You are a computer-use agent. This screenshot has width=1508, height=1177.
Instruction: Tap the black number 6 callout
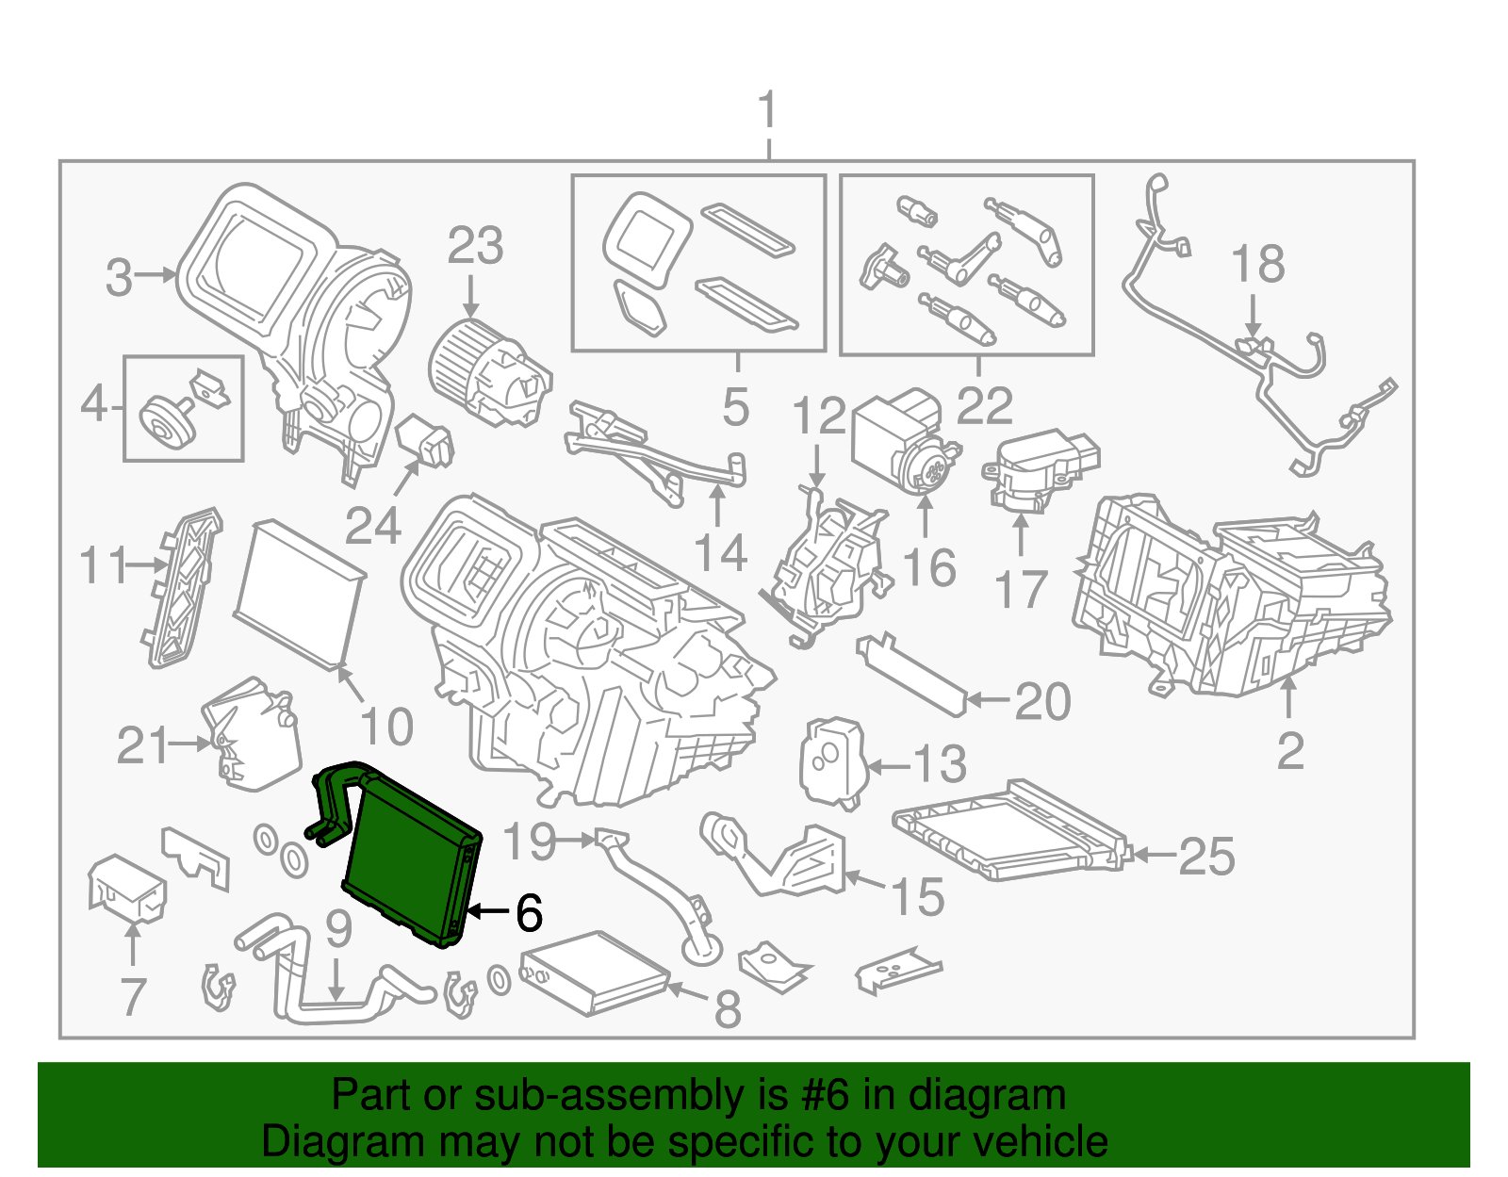pos(529,912)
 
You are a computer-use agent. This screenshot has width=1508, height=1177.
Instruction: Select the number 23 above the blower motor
pos(475,247)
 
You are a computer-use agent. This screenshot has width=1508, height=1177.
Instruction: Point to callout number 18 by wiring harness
pos(1257,264)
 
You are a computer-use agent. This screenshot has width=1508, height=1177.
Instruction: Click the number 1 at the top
pos(768,111)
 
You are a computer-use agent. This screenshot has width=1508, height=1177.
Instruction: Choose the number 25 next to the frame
pos(1206,857)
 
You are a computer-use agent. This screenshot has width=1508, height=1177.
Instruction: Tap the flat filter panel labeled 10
pos(297,592)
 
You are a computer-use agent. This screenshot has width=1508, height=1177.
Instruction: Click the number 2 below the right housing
pos(1289,751)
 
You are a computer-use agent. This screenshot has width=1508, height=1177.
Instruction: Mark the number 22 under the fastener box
pos(985,406)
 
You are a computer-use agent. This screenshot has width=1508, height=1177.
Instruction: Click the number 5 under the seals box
pos(736,408)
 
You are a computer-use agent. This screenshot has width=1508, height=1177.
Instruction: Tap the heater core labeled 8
pos(594,973)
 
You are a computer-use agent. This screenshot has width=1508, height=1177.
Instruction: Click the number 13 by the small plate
pos(940,763)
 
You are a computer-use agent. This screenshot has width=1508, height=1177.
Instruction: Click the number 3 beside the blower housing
pos(119,277)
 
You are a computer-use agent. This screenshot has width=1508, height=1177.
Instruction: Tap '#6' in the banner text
pos(827,1096)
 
